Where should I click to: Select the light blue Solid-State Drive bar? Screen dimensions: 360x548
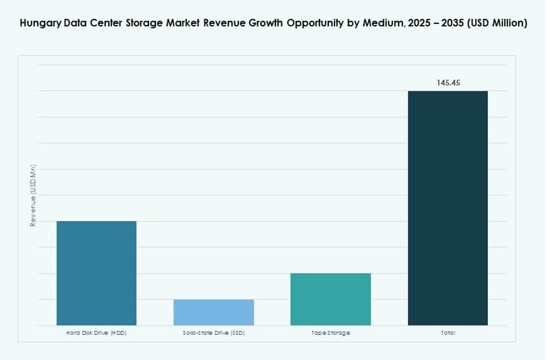tap(214, 312)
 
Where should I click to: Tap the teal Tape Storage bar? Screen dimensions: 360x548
tap(330, 299)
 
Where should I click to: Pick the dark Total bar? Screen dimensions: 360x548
tap(447, 208)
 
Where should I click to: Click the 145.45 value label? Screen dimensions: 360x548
tap(448, 83)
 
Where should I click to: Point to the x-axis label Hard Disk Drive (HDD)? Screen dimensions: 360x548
tap(96, 333)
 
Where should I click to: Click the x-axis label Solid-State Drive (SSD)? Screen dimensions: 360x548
tap(214, 333)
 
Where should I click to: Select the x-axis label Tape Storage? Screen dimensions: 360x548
tap(330, 333)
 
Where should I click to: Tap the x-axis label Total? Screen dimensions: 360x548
tap(447, 333)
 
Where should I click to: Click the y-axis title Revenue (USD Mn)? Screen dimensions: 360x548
tap(33, 195)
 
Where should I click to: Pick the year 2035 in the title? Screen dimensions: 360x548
tap(455, 23)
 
